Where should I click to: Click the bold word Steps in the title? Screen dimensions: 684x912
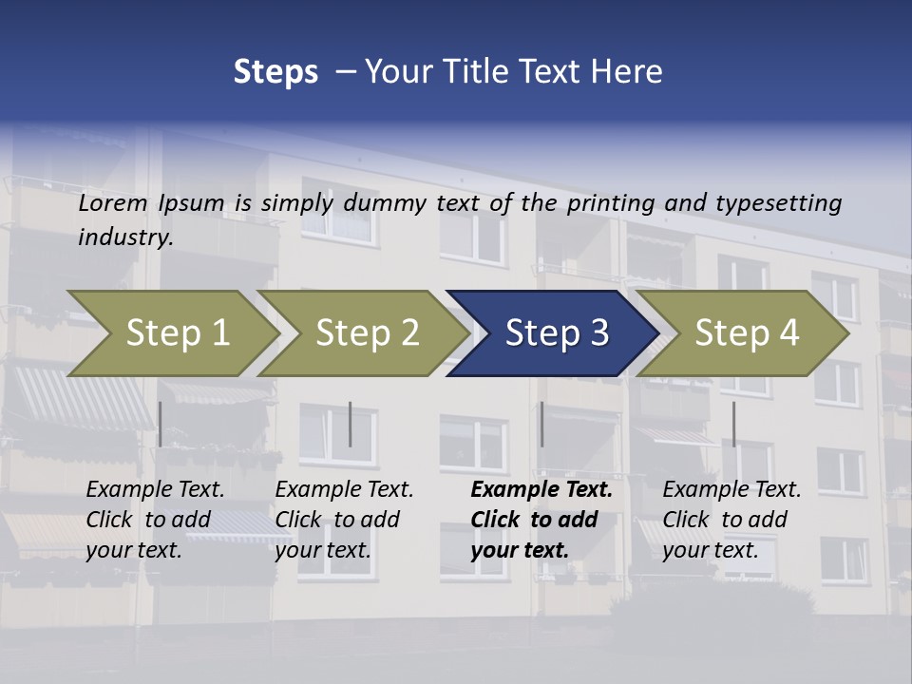pyautogui.click(x=275, y=72)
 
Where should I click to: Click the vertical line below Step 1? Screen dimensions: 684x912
pyautogui.click(x=161, y=424)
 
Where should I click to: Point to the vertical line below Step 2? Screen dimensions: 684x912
pyautogui.click(x=351, y=424)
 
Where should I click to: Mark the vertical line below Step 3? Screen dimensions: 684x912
pyautogui.click(x=541, y=424)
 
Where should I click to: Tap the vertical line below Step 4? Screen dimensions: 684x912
pyautogui.click(x=733, y=424)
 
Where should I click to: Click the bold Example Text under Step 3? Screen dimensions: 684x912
pyautogui.click(x=541, y=490)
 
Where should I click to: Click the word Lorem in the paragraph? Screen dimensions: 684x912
pyautogui.click(x=113, y=203)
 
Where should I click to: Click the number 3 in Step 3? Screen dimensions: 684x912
pyautogui.click(x=598, y=333)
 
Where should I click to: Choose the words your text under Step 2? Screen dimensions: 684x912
pyautogui.click(x=322, y=550)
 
